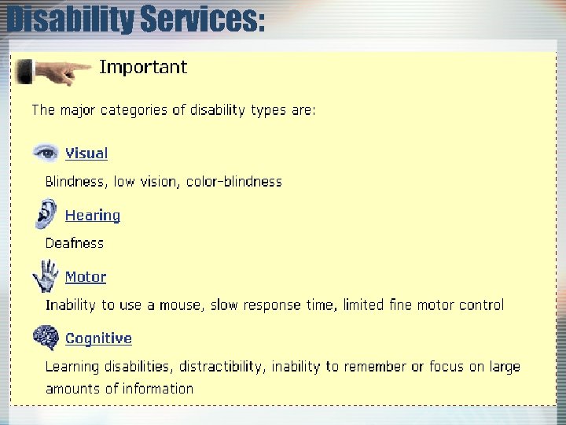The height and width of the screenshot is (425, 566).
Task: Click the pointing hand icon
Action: pos(53,72)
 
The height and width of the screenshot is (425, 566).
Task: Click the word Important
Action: pos(143,68)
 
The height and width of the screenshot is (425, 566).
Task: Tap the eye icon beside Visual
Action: pos(46,152)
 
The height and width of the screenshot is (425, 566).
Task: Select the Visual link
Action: pos(86,153)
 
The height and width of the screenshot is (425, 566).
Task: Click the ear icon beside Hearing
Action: pos(46,213)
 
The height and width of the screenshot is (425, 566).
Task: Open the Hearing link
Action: pos(93,215)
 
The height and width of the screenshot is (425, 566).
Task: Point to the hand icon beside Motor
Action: pos(46,275)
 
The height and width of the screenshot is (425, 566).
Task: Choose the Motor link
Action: pos(86,277)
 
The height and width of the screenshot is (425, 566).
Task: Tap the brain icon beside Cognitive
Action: pos(46,337)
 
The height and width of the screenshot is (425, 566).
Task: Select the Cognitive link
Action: pos(98,338)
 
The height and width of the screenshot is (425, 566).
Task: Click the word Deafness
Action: pos(75,243)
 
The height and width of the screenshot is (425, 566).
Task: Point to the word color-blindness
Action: pos(233,182)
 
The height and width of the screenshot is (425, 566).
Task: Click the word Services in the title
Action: pos(201,20)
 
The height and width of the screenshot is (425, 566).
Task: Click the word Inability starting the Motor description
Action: pos(72,305)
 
